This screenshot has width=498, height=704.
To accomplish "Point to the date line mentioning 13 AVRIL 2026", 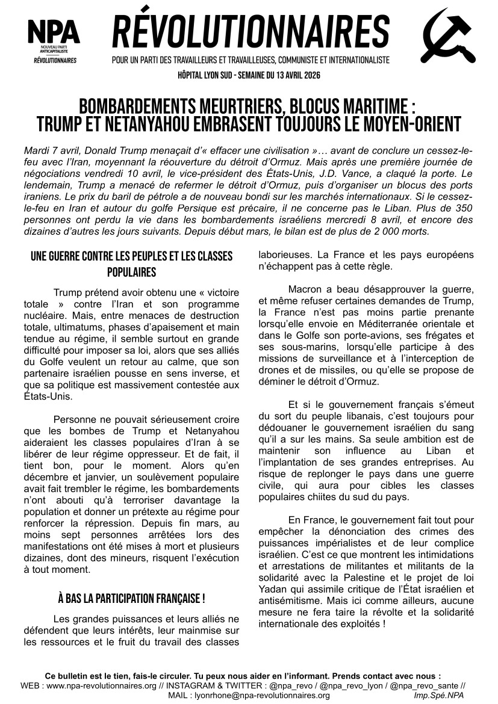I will click(x=249, y=75).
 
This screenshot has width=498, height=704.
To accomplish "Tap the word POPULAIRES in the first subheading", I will click(x=131, y=272).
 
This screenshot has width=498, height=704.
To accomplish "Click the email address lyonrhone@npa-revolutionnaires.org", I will click(x=261, y=695).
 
